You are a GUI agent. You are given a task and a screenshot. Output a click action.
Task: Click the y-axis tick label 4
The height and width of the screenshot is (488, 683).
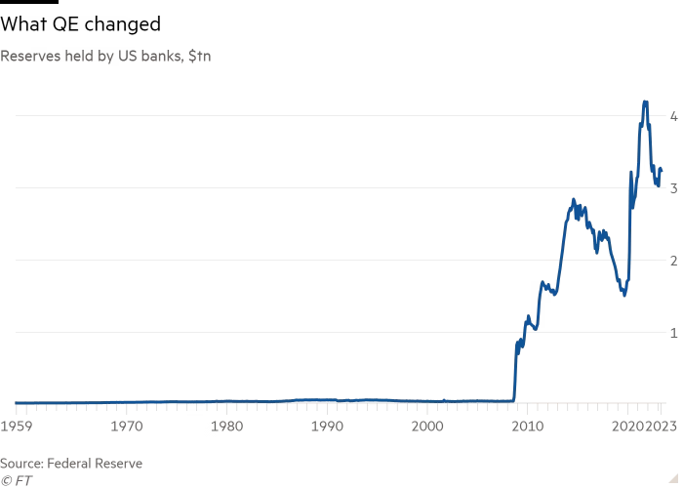pos(673,116)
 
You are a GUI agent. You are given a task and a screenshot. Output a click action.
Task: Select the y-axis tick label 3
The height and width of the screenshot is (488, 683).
pos(673,188)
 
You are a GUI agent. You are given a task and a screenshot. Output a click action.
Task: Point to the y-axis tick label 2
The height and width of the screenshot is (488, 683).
pos(673,261)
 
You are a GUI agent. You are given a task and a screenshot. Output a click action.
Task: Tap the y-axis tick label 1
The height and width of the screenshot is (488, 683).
pos(673,333)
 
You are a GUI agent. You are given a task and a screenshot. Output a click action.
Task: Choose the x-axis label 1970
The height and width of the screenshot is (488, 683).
pos(124,427)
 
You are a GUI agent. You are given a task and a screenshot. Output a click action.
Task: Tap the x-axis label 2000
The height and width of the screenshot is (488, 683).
pos(427,427)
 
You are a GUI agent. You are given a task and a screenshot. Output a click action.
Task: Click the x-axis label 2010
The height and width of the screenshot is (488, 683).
pos(528,427)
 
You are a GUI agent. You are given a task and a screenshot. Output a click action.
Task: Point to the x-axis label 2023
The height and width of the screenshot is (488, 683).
pos(663,427)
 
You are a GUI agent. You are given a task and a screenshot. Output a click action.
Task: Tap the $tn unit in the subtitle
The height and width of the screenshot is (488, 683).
pos(201,57)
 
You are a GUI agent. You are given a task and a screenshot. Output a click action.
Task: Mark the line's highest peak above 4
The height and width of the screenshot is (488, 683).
pos(645,101)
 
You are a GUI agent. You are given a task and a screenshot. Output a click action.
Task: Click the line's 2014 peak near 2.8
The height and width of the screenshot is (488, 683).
pos(574,199)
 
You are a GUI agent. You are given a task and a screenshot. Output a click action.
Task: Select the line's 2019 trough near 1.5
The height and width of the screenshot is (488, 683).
pos(624,295)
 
